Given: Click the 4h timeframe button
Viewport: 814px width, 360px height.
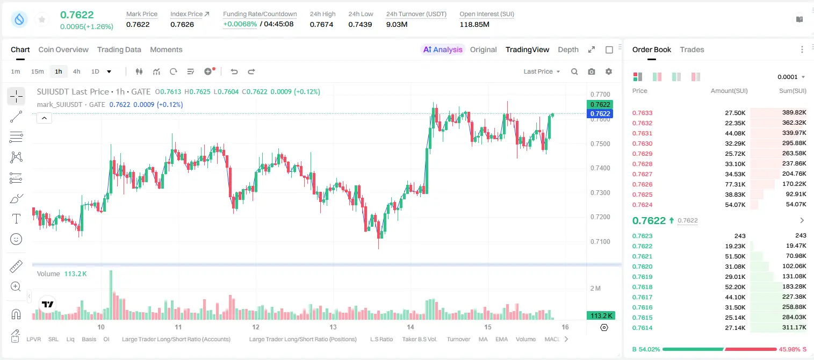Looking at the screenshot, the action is [x=76, y=71].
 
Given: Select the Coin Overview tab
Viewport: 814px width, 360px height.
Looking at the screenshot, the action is [x=63, y=49].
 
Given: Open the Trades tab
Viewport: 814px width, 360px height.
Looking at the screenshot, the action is [x=692, y=49].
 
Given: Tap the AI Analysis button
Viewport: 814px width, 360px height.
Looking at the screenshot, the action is [x=443, y=49].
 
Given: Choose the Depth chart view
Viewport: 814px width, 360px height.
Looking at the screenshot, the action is [x=568, y=49].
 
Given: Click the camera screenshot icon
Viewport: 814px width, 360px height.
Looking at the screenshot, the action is [x=592, y=71].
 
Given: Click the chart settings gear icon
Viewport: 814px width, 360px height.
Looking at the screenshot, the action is [x=609, y=71].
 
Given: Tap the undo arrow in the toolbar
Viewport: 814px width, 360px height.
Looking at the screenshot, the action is [x=234, y=71].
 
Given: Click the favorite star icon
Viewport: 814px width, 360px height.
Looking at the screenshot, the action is [x=42, y=19].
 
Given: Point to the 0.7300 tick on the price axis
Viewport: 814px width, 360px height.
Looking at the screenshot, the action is [x=600, y=192].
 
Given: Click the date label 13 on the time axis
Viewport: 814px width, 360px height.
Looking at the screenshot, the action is [x=333, y=327].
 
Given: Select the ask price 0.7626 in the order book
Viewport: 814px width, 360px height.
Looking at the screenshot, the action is [x=642, y=184].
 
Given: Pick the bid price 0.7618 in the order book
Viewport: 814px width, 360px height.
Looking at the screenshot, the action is [x=642, y=286].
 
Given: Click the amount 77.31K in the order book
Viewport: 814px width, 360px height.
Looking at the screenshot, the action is [x=735, y=184].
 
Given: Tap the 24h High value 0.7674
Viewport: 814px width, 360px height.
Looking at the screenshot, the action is [x=321, y=24].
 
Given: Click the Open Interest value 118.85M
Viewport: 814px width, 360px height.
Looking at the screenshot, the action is [x=474, y=24].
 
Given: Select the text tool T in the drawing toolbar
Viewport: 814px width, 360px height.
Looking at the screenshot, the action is [x=16, y=219].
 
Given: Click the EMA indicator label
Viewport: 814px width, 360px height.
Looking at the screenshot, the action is [x=501, y=339].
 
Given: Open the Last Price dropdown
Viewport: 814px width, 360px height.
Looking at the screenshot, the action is [x=542, y=71].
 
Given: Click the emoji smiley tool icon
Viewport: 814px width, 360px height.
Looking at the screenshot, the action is [x=16, y=239].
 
